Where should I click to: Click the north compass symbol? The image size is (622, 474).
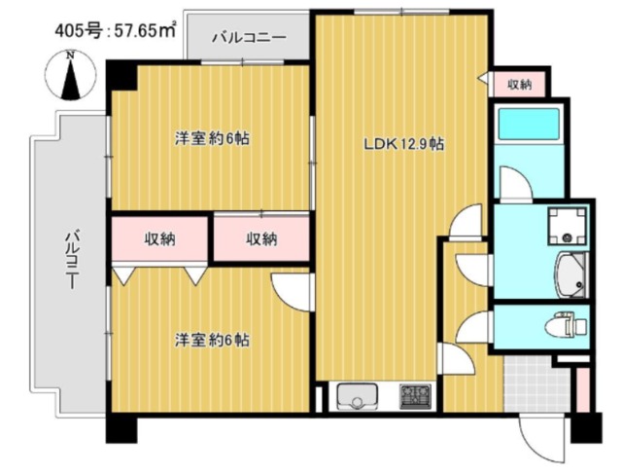71,76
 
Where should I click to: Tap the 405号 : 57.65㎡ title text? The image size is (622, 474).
116,30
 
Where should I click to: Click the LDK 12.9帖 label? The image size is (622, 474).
404,144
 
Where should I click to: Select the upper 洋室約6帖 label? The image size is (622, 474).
212,138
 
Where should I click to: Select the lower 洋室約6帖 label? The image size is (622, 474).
212,341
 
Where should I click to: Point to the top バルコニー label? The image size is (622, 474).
249,38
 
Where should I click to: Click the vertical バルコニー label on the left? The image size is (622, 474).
72,259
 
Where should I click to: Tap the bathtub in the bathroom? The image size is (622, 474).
529,125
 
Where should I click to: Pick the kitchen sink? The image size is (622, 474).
357,396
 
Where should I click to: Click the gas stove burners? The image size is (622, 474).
415,396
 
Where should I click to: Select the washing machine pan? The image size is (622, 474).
568,227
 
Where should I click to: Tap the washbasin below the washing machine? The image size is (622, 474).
572,275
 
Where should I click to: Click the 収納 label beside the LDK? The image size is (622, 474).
520,85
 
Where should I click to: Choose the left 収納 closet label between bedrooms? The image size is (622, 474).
159,238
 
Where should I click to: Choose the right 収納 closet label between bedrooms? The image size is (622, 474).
261,238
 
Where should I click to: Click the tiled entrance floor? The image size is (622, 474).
537,384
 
